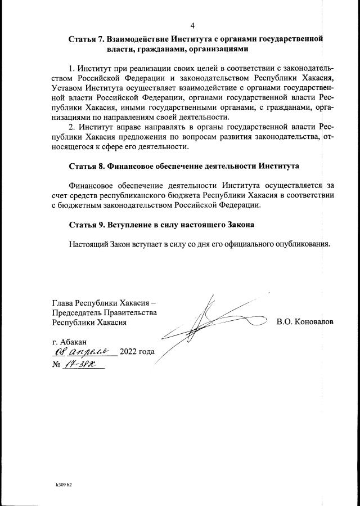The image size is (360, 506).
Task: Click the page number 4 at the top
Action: click(193, 26)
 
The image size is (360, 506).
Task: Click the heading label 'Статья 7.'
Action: click(87, 39)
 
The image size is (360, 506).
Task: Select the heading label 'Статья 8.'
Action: click(87, 167)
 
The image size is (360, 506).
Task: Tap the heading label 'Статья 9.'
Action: click(87, 225)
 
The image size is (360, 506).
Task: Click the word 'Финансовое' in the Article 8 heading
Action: click(134, 167)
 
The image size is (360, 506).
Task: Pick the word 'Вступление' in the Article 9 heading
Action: click(130, 225)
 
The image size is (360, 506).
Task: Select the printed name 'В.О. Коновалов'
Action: click(305, 323)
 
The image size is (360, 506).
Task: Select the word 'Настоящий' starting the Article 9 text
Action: click(88, 244)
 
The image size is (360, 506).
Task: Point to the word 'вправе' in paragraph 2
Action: click(127, 128)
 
